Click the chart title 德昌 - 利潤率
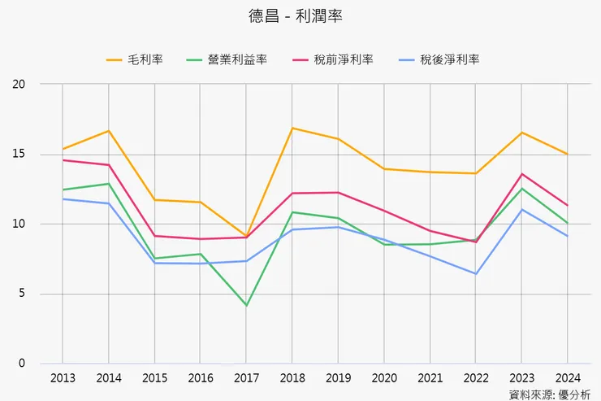300,16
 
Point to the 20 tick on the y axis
19,84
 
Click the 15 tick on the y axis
19,154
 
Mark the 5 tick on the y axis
22,294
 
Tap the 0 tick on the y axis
22,364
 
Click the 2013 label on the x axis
63,378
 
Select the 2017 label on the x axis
246,378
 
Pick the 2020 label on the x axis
383,378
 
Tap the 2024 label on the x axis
567,378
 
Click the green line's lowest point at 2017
246,305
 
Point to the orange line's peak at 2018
292,128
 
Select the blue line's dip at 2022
475,273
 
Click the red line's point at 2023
521,174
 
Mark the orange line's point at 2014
109,131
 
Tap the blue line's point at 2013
63,198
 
